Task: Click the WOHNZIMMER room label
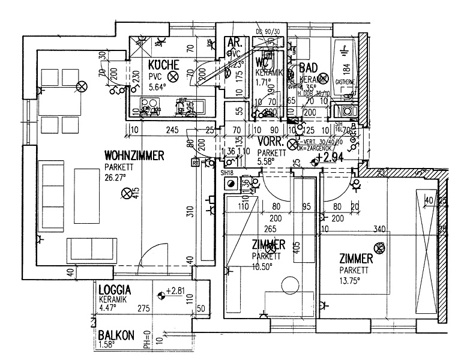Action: [134, 155]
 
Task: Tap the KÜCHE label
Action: [163, 65]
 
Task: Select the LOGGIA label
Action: [115, 289]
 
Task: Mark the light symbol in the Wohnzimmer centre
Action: [127, 193]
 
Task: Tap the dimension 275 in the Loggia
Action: [143, 309]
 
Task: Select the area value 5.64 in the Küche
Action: [158, 85]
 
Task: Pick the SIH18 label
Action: [227, 173]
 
